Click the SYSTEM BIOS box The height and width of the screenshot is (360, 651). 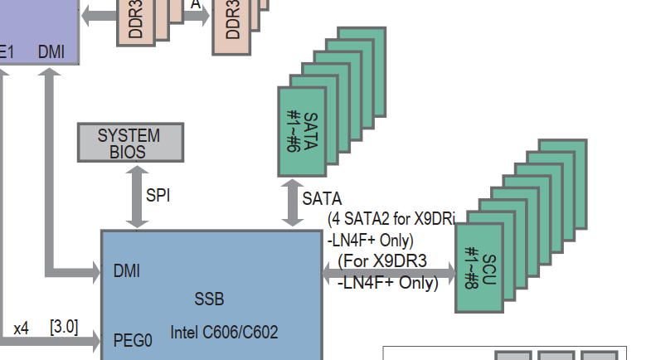point(130,143)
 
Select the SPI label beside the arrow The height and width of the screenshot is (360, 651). point(158,196)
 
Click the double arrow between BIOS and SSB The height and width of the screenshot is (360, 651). point(136,196)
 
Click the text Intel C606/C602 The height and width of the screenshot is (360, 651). point(224,333)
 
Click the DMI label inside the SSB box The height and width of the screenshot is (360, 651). point(126,271)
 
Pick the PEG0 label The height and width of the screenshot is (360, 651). point(133,340)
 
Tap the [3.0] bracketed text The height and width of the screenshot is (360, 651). point(64,327)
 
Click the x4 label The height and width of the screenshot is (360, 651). point(21,328)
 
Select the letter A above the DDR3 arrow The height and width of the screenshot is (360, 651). point(195,4)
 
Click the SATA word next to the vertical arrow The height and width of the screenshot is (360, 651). point(322,199)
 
